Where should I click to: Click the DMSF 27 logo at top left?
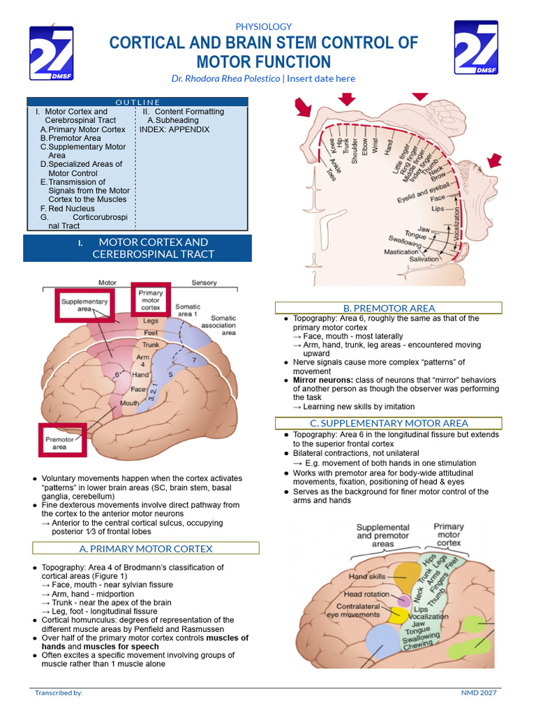pos(51,53)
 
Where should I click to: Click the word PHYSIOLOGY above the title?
pos(264,27)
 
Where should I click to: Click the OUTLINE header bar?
pos(137,102)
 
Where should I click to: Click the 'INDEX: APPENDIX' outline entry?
pos(174,129)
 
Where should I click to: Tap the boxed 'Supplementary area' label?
pos(84,305)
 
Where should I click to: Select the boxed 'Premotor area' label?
pos(59,443)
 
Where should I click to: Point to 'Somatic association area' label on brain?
pos(218,325)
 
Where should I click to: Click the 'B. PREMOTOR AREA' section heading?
pos(389,308)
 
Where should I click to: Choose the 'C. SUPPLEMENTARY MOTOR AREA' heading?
pos(389,423)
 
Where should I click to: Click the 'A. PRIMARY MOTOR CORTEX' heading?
pos(146,548)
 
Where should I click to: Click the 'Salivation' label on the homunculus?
pos(424,259)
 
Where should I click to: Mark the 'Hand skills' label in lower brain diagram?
pos(367,577)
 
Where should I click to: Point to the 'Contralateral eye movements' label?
pos(353,610)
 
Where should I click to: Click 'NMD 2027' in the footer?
pos(480,693)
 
